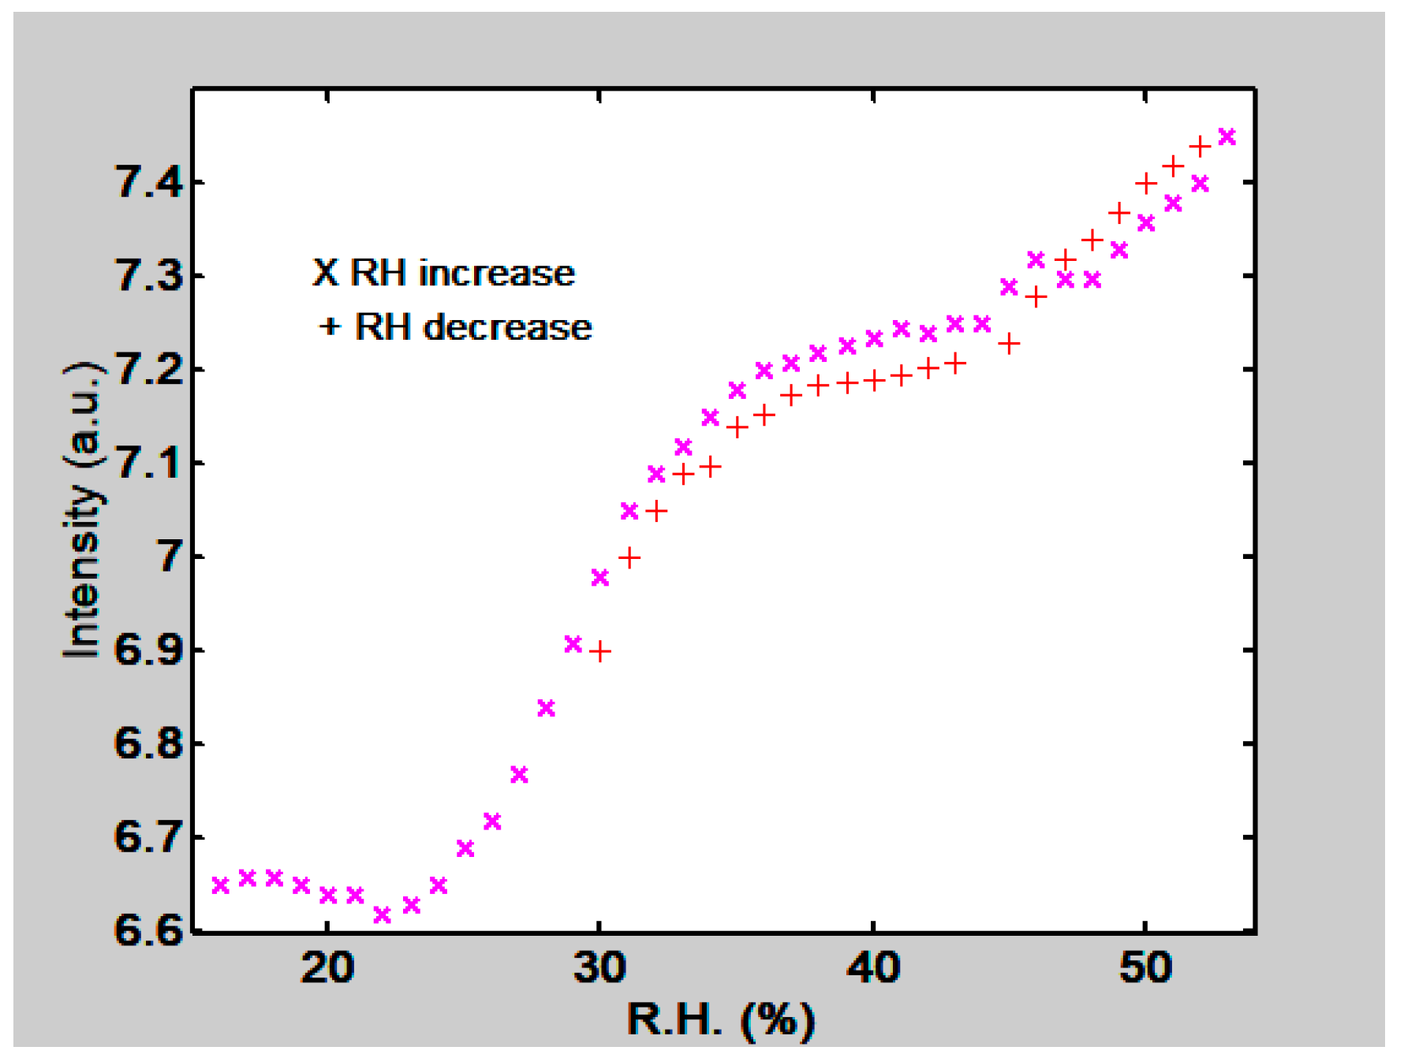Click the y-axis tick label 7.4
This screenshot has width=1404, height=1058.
tap(149, 182)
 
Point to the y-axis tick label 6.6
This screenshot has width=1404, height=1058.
tap(149, 930)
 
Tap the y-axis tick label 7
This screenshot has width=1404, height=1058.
tap(171, 557)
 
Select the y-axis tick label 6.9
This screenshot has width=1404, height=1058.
tap(149, 650)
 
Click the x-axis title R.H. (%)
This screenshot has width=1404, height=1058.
tap(720, 1020)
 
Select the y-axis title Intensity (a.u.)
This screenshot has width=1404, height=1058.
tap(83, 510)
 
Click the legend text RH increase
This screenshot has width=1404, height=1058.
tap(462, 273)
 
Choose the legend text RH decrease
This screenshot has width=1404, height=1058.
tap(472, 327)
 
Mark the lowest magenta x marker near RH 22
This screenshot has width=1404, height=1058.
tap(382, 915)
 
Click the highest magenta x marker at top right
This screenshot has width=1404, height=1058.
tap(1227, 137)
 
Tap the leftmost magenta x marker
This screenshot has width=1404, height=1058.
tap(221, 885)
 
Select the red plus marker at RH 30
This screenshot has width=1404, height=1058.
tap(600, 651)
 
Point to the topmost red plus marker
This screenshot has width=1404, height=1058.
tap(1200, 147)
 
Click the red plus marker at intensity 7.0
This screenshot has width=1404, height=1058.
tap(629, 558)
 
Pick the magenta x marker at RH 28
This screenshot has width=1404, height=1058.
tap(546, 708)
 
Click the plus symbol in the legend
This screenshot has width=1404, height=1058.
tap(329, 326)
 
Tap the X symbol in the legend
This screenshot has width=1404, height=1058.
tap(325, 273)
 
